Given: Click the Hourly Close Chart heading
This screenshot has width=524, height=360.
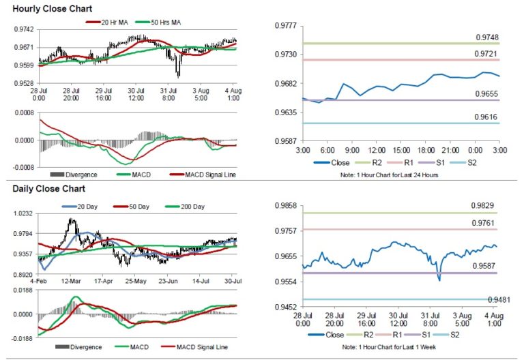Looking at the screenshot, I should tap(47, 8).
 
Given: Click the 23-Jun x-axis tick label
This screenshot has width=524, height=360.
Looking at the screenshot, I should tap(168, 280).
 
